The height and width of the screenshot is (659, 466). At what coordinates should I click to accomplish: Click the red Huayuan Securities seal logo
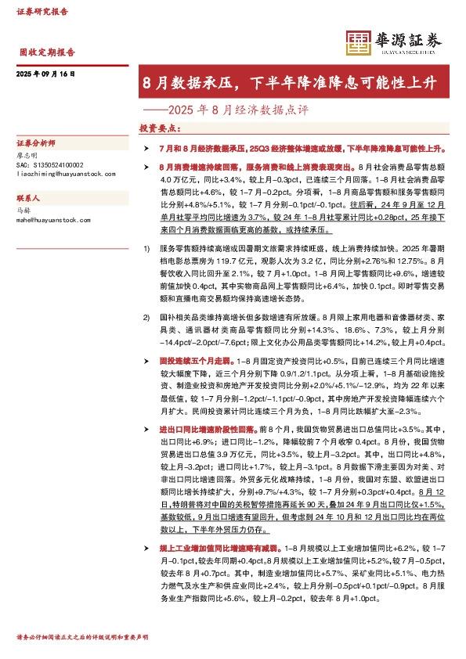click(x=357, y=41)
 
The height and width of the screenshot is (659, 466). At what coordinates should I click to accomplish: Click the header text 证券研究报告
click(x=42, y=11)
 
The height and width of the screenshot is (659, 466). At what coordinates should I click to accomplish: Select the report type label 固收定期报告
click(x=47, y=52)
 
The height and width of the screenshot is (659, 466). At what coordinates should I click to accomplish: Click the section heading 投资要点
click(x=159, y=127)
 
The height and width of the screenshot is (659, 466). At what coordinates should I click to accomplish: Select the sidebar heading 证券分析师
click(x=34, y=144)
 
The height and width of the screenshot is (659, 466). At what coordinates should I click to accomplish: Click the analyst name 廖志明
click(x=27, y=156)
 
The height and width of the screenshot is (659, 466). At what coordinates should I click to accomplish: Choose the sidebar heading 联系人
click(x=28, y=199)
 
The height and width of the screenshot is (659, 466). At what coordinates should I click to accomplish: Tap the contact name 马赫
click(x=23, y=211)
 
